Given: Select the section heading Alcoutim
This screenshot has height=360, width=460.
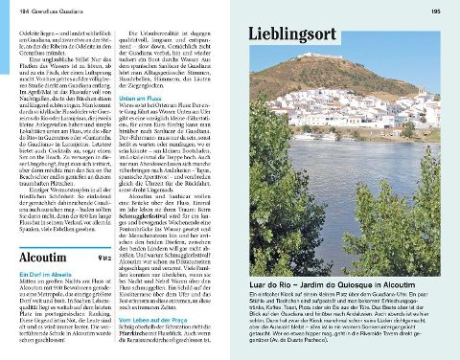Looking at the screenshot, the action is (50, 258).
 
